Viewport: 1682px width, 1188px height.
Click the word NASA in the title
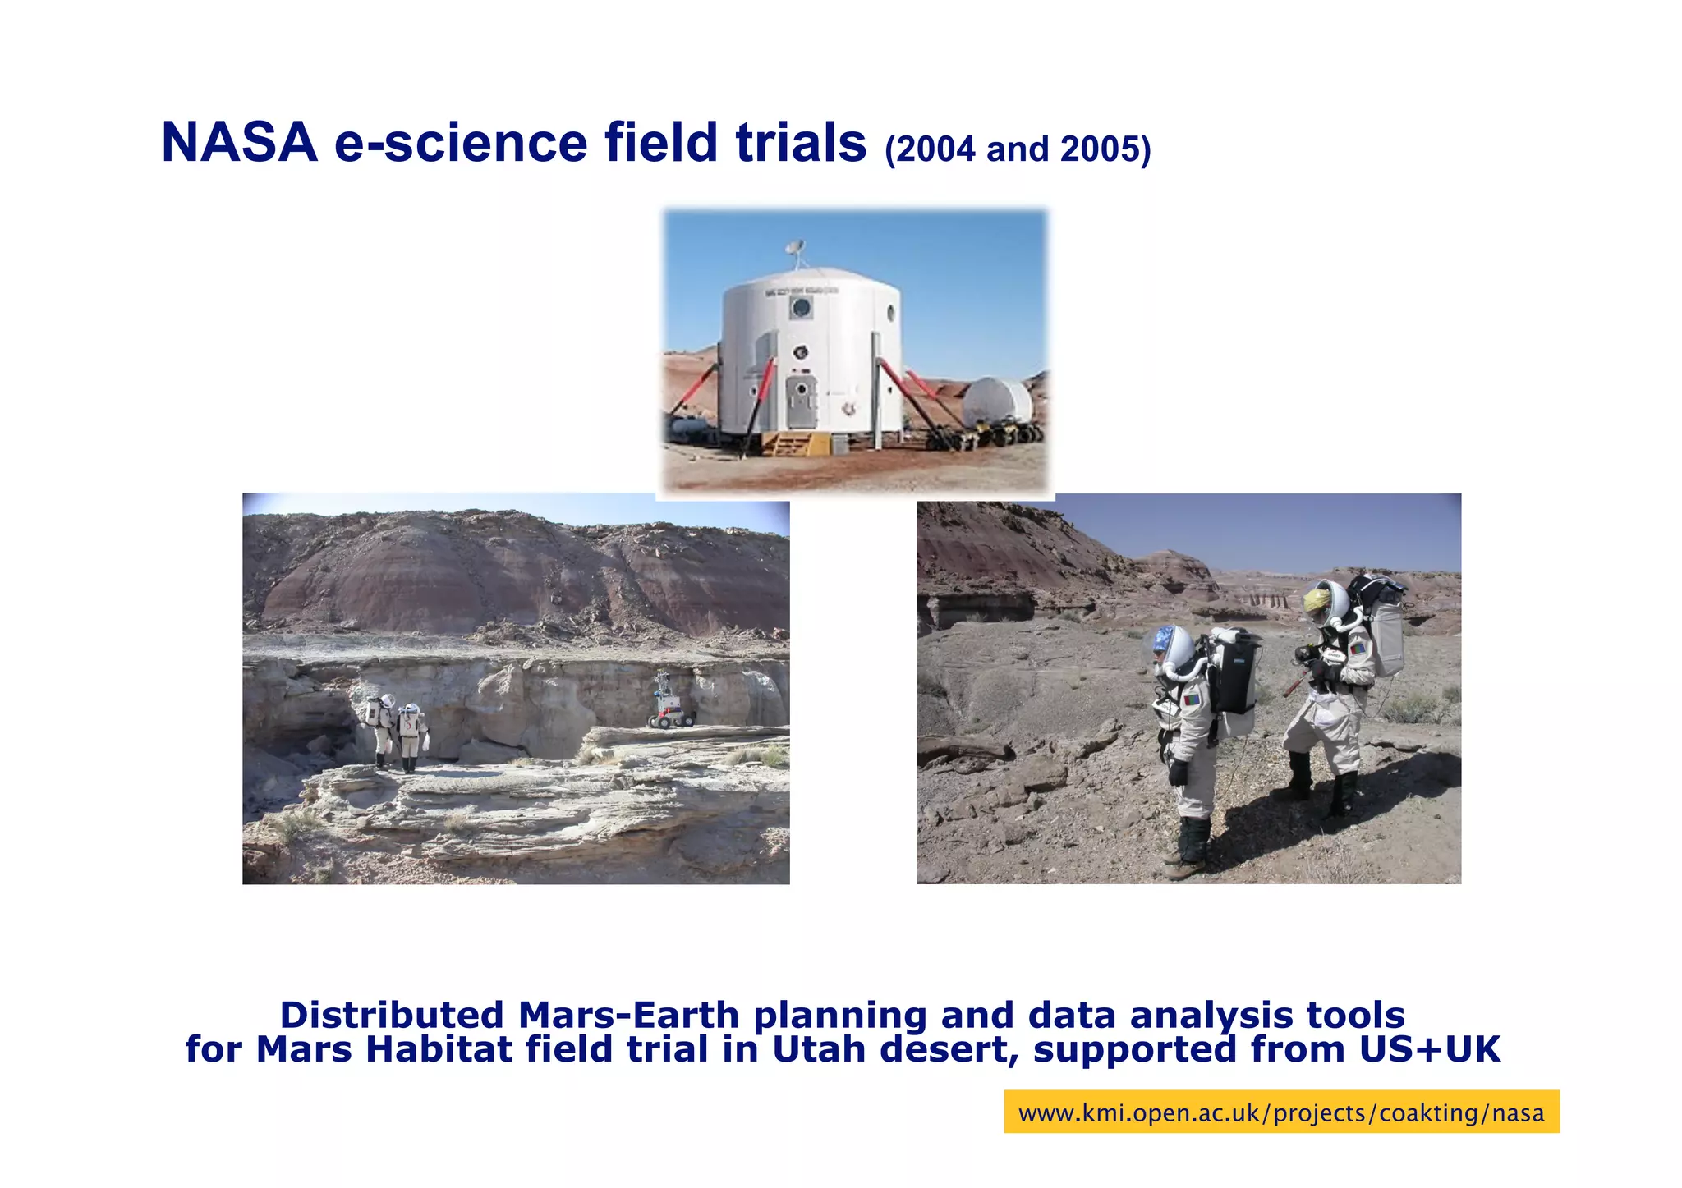coord(239,143)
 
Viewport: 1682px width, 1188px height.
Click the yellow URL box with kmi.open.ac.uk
coord(1280,1112)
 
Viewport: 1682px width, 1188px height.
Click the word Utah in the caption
coord(819,1049)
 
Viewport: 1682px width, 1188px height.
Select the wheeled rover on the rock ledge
coord(669,704)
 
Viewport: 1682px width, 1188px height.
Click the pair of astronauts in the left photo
coord(397,731)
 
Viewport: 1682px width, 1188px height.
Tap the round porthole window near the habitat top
coord(801,309)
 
